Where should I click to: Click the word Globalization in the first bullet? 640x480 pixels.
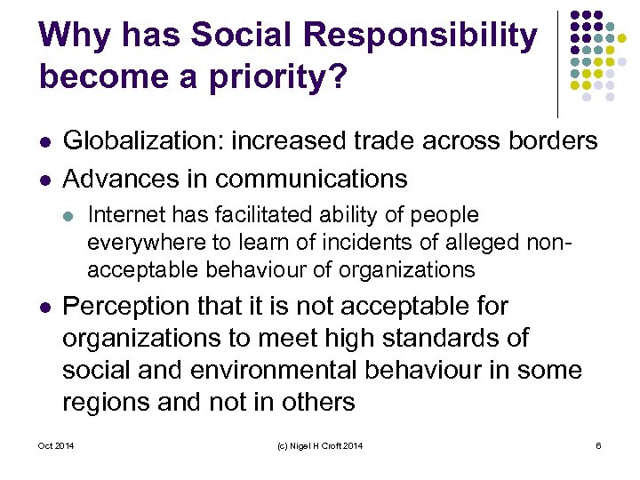[x=145, y=140]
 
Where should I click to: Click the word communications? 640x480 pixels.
[x=311, y=179]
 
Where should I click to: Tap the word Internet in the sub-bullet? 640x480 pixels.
[x=124, y=215]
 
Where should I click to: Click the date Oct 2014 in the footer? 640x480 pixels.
[x=55, y=445]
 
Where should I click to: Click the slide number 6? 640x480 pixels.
[x=599, y=445]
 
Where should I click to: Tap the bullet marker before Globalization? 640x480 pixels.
[x=45, y=141]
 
